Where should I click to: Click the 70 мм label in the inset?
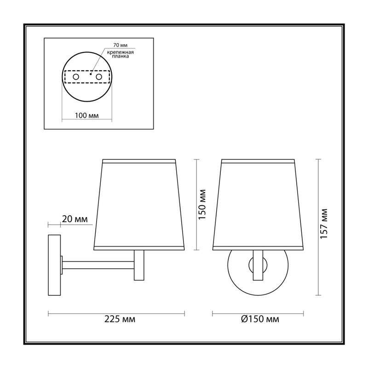(x=120, y=45)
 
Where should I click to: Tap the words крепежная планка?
(x=121, y=54)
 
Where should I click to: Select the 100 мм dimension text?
(x=87, y=115)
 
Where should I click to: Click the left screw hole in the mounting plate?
(x=76, y=76)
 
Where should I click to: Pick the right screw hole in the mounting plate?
(x=99, y=76)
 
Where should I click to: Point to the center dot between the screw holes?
(x=90, y=74)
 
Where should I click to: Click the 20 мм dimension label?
(x=75, y=219)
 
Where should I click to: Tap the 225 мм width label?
(x=120, y=319)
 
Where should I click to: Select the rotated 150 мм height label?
(x=202, y=204)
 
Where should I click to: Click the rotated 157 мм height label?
(x=324, y=224)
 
